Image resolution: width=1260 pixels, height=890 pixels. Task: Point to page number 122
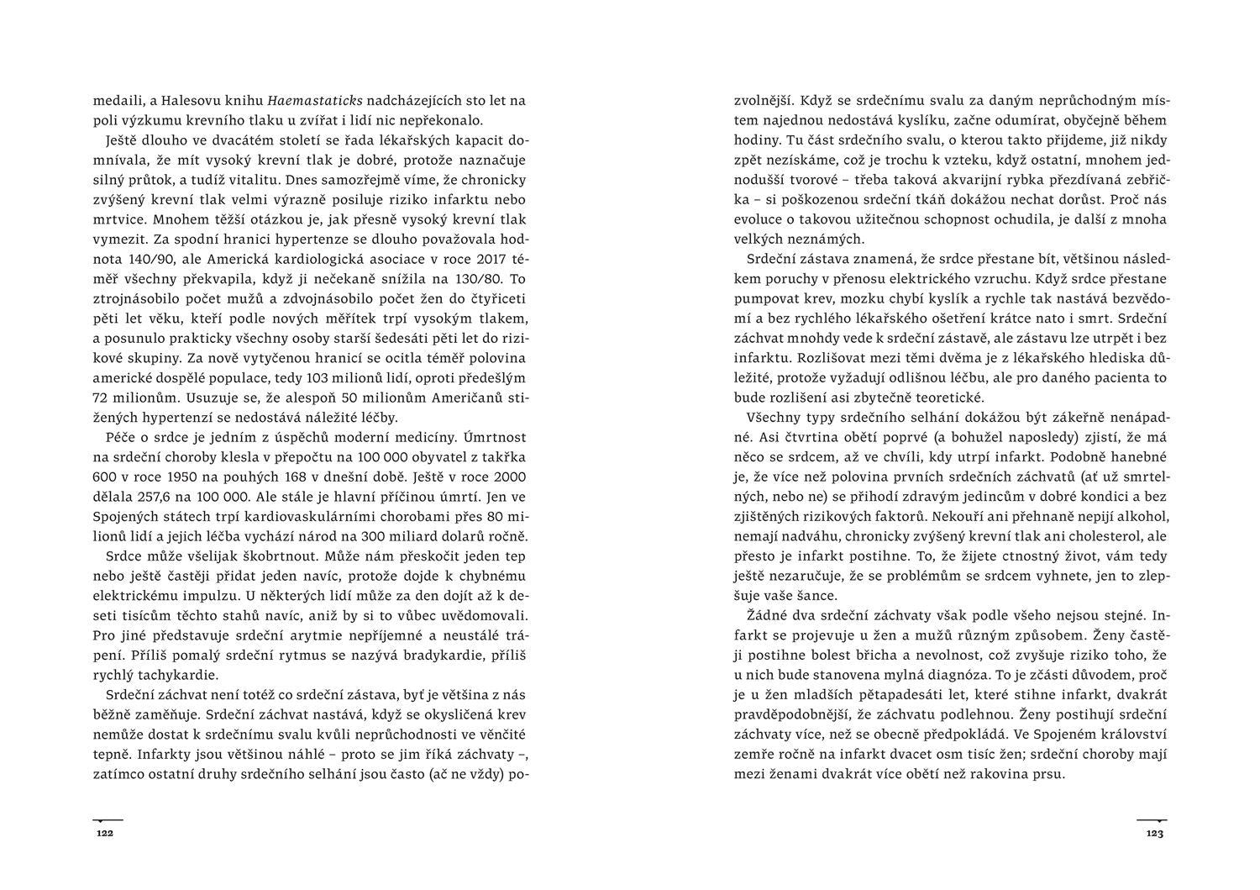pos(104,834)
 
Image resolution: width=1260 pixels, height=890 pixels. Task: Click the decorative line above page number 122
pos(108,819)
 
